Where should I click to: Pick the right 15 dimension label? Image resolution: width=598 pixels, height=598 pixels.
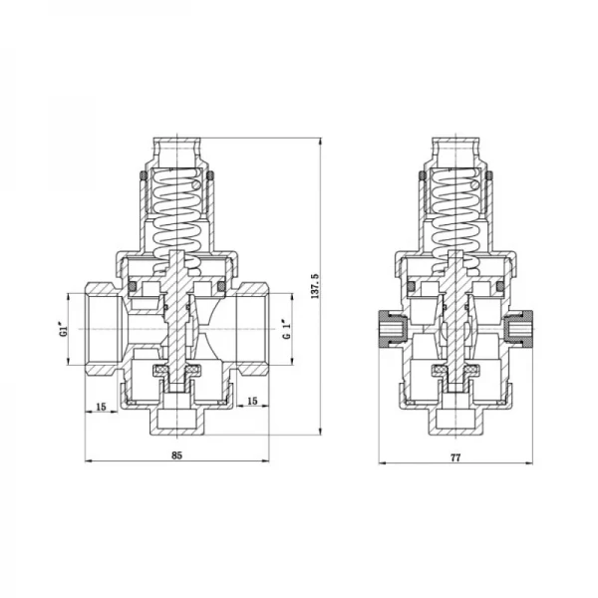(x=251, y=401)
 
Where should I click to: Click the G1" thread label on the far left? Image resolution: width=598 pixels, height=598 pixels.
(x=63, y=329)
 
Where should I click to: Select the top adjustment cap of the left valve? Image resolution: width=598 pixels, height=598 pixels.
(x=175, y=149)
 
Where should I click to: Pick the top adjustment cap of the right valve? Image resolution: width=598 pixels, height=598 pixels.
(x=456, y=149)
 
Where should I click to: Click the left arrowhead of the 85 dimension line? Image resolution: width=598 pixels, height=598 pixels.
(x=88, y=462)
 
